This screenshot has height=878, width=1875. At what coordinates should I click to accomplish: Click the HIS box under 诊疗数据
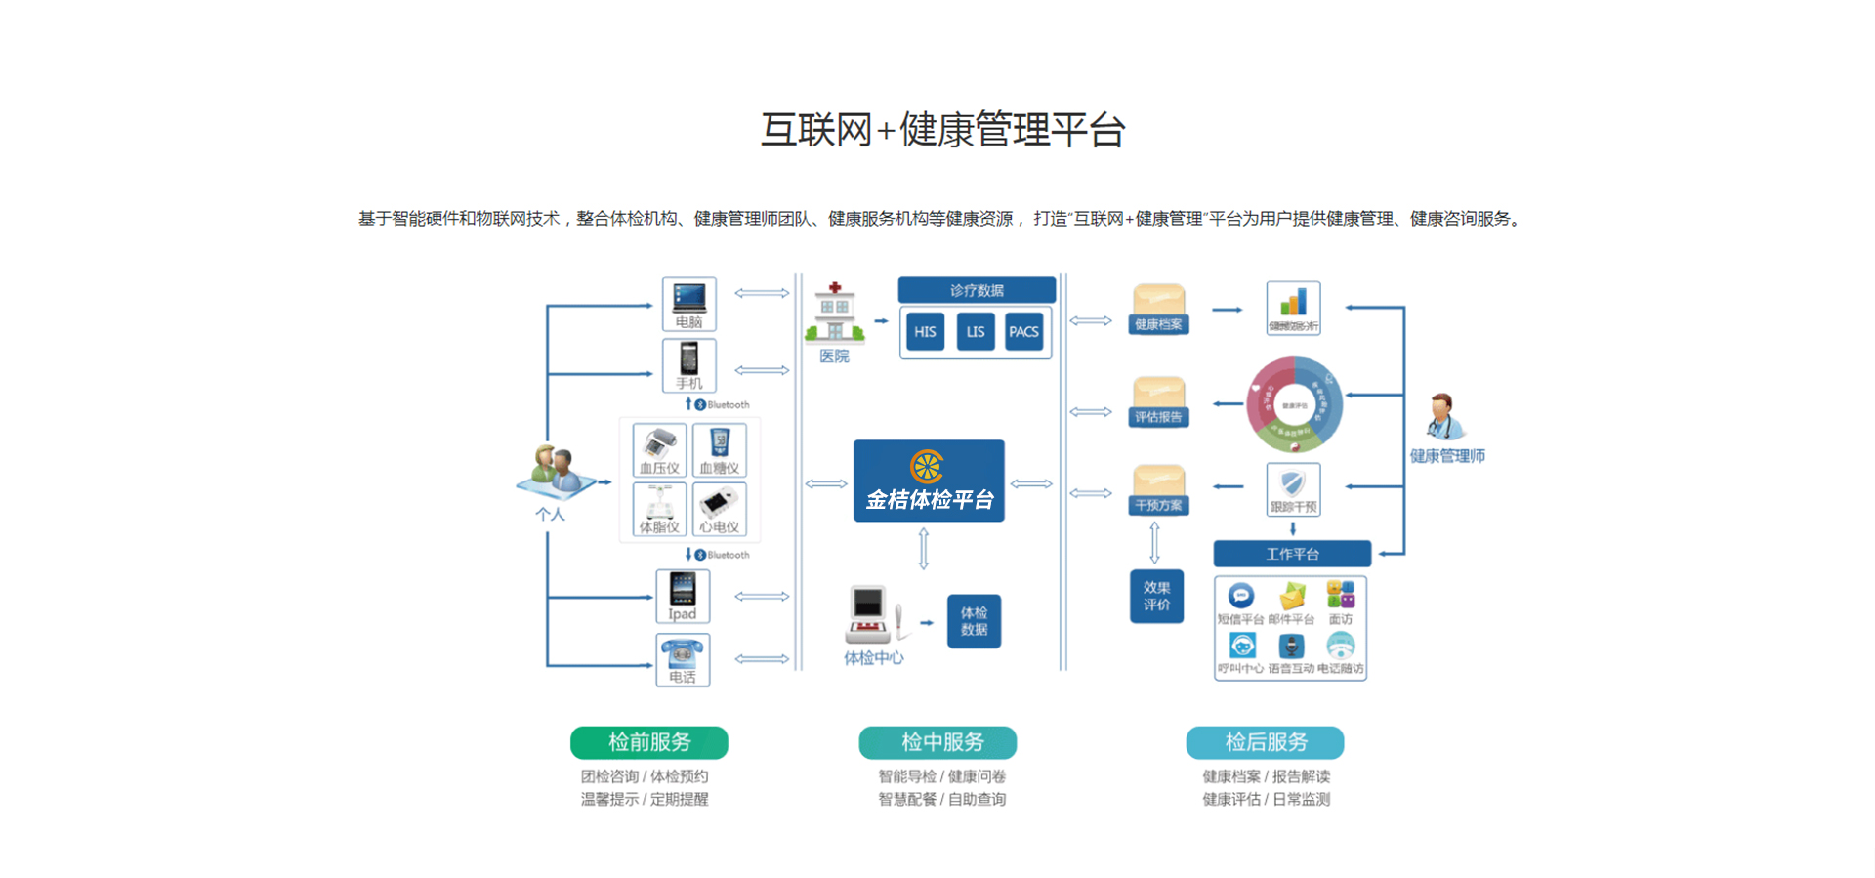pyautogui.click(x=925, y=332)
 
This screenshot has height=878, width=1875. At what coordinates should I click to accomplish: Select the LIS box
pyautogui.click(x=975, y=332)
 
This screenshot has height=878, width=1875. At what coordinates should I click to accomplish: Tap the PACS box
pyautogui.click(x=1023, y=332)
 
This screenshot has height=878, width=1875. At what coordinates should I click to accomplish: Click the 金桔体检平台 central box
pyautogui.click(x=929, y=481)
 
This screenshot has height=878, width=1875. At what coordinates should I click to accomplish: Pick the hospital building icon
pyautogui.click(x=834, y=314)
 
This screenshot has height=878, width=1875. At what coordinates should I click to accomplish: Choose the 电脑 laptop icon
pyautogui.click(x=689, y=298)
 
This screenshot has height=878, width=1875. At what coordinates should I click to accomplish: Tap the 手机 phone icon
pyautogui.click(x=689, y=359)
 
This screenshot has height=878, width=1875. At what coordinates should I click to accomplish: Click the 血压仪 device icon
pyautogui.click(x=660, y=444)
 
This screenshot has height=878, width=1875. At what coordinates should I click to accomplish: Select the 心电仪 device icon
pyautogui.click(x=719, y=504)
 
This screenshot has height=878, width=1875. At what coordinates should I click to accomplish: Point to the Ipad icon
pyautogui.click(x=683, y=589)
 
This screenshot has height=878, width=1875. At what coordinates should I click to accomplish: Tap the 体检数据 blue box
pyautogui.click(x=974, y=621)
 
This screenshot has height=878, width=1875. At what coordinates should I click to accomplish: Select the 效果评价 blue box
pyautogui.click(x=1156, y=596)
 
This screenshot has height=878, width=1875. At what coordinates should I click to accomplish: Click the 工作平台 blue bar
pyautogui.click(x=1292, y=554)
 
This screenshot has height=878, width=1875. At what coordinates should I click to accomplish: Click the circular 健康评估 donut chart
pyautogui.click(x=1294, y=405)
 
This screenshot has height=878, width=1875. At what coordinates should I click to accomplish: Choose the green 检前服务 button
pyautogui.click(x=649, y=742)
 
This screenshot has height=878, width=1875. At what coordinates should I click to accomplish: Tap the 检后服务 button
pyautogui.click(x=1266, y=742)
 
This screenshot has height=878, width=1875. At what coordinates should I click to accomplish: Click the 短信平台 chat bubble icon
pyautogui.click(x=1240, y=595)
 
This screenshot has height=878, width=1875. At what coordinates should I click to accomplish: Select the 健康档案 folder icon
pyautogui.click(x=1158, y=304)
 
